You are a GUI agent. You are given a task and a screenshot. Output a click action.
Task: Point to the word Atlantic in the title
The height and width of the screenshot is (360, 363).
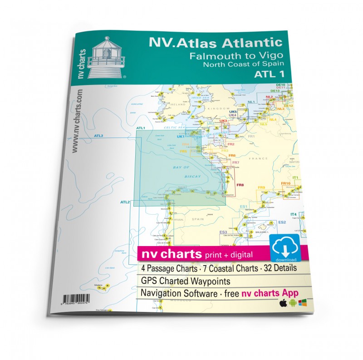248,43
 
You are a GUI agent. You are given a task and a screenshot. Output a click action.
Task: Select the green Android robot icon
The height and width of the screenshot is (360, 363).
293,303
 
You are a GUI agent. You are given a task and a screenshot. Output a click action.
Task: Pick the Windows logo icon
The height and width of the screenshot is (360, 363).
303,302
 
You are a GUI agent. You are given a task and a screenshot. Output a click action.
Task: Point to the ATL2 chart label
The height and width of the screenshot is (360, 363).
126,202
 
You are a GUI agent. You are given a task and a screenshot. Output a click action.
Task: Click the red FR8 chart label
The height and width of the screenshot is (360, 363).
240,184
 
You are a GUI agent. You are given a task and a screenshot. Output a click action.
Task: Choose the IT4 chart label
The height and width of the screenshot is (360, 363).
293,214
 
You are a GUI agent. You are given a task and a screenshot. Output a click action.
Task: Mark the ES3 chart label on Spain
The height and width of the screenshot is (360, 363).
223,232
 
